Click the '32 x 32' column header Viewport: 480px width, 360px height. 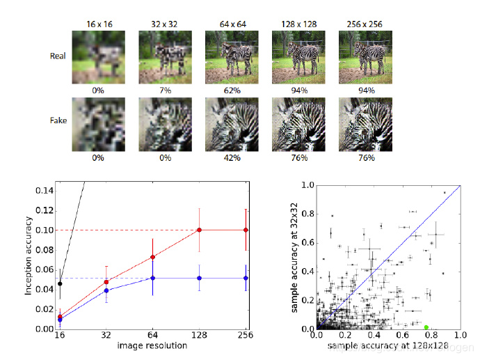pos(165,23)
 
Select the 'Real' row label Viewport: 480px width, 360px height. pos(58,56)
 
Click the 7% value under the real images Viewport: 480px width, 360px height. pos(165,90)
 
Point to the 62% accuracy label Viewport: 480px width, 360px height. pos(231,90)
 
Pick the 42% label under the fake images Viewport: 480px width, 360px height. pos(231,158)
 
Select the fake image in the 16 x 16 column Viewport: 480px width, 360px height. pos(98,124)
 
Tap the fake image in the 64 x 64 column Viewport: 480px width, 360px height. pos(231,124)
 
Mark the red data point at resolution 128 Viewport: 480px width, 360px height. pos(200,230)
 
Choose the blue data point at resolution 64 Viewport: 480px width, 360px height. pos(153,278)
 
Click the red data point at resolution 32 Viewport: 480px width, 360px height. pos(106,282)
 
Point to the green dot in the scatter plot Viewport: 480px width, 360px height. pos(426,327)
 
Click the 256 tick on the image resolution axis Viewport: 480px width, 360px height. pos(246,336)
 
